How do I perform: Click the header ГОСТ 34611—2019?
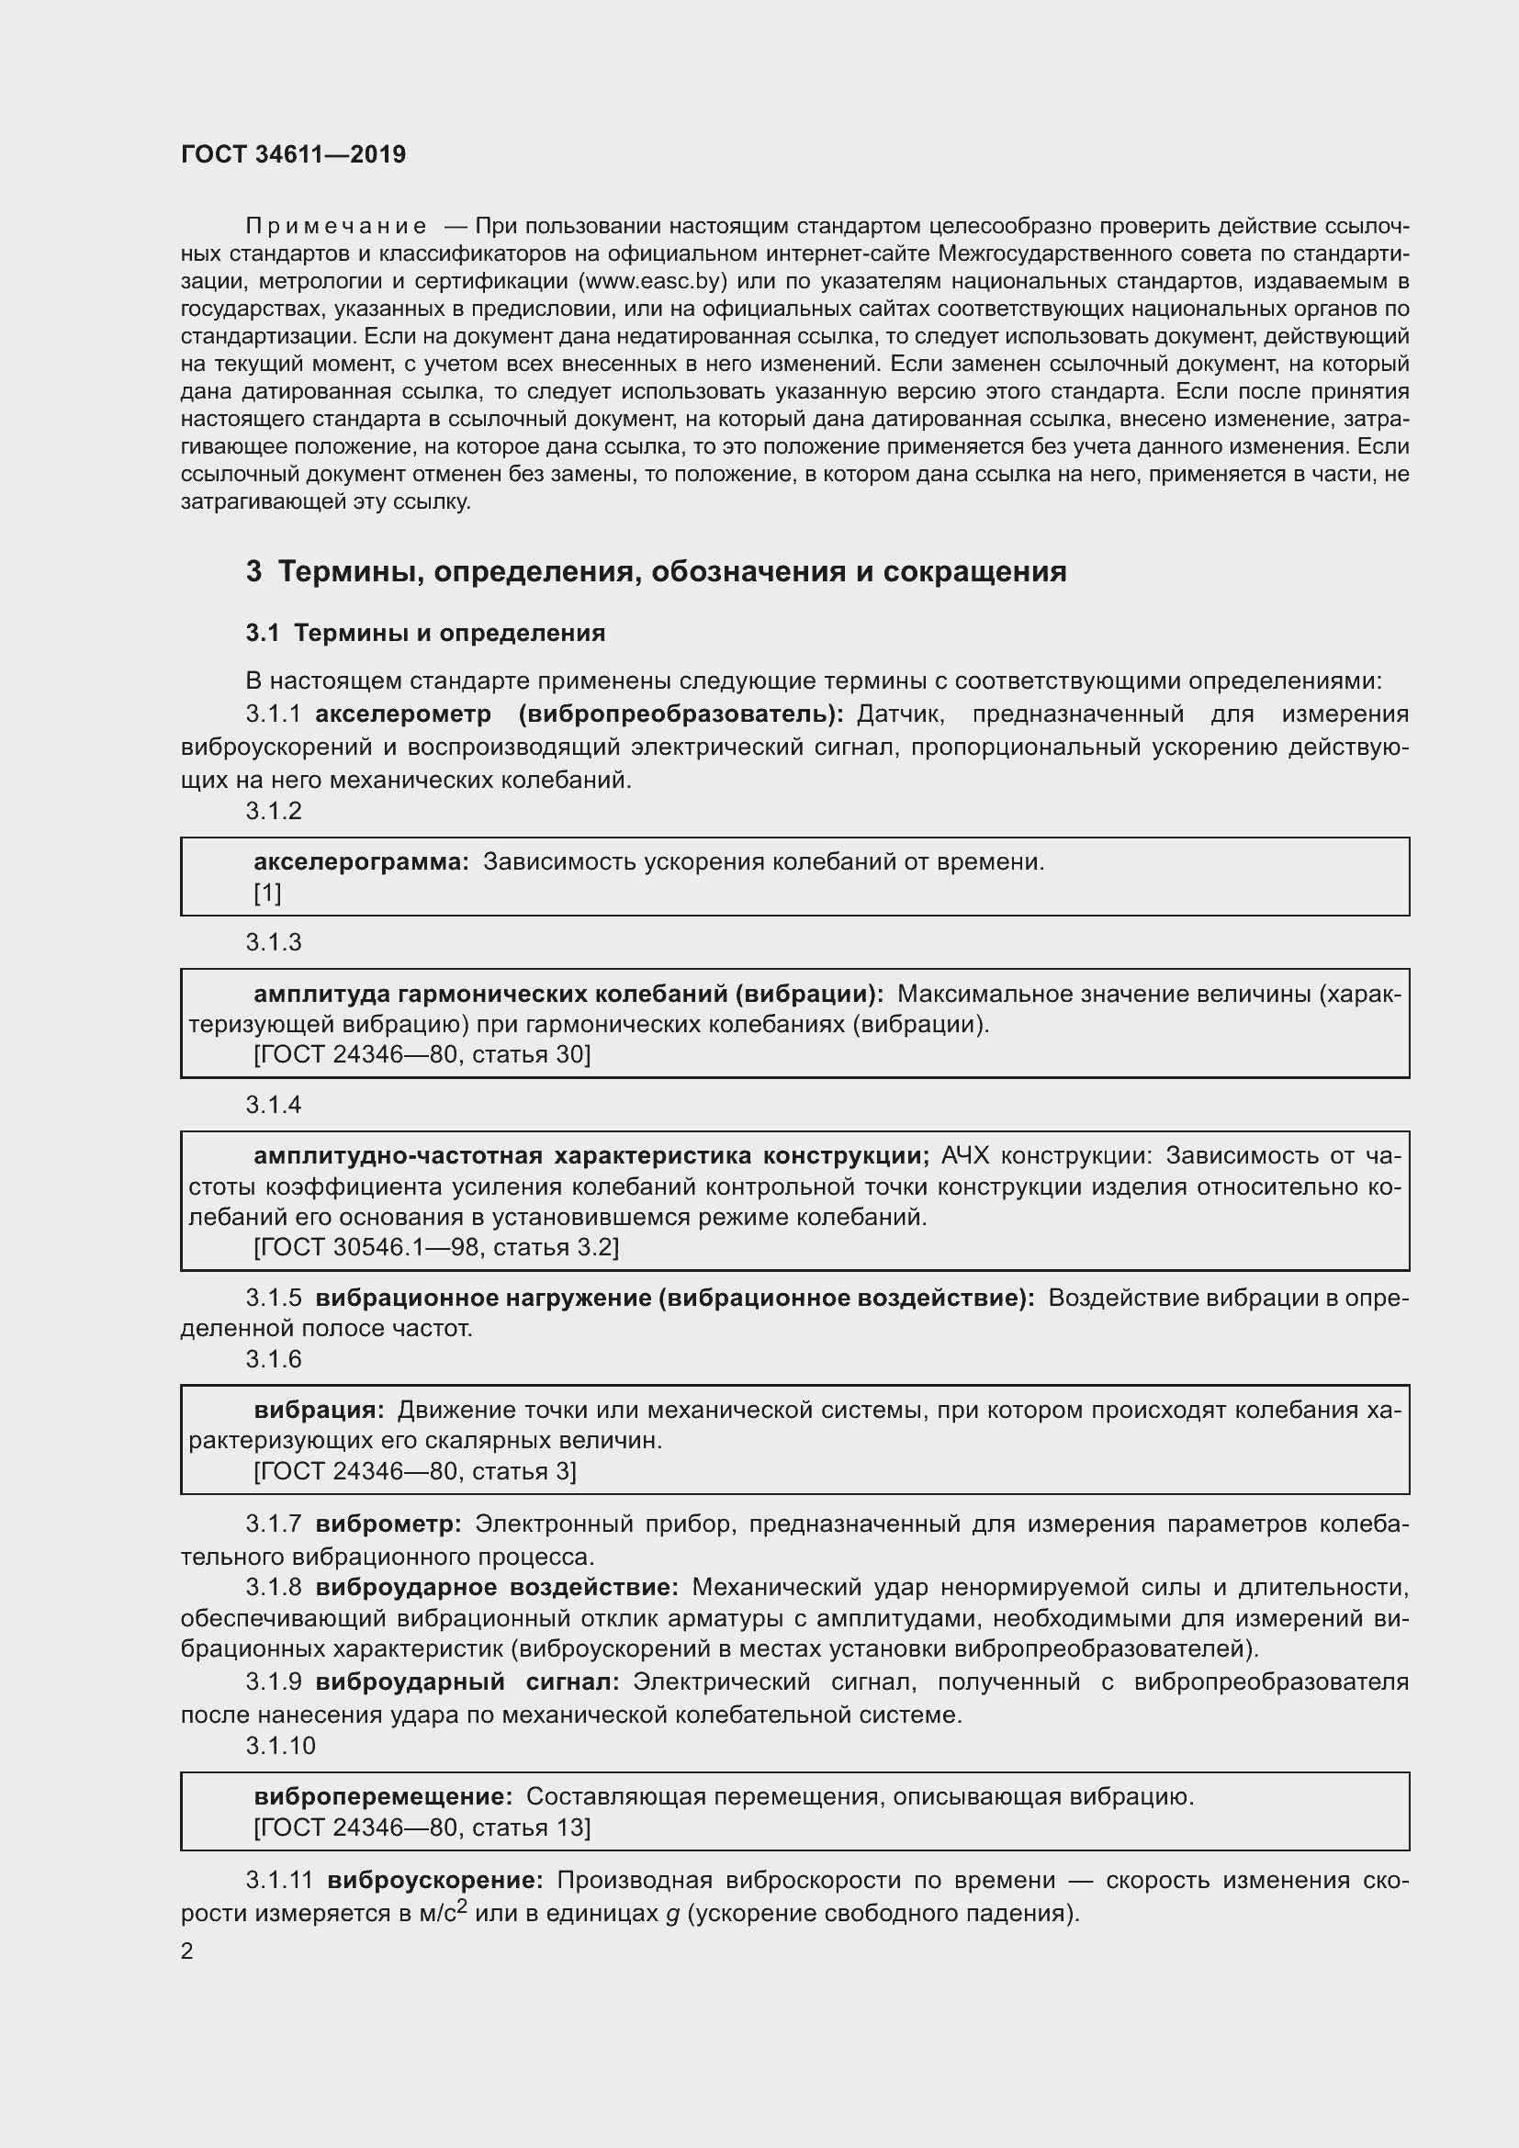(293, 154)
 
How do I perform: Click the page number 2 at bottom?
(187, 1951)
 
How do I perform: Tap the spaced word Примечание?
(336, 227)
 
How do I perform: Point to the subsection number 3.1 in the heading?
(263, 634)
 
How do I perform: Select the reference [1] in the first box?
(267, 893)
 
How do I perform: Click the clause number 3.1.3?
(273, 942)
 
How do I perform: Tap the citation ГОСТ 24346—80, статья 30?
(422, 1054)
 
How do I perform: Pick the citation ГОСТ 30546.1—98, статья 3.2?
(436, 1247)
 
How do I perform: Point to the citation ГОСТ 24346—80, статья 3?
(415, 1471)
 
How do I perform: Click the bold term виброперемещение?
(383, 1796)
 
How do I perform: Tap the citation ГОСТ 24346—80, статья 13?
(422, 1827)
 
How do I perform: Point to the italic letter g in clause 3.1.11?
(671, 1914)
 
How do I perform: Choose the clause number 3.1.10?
(281, 1746)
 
